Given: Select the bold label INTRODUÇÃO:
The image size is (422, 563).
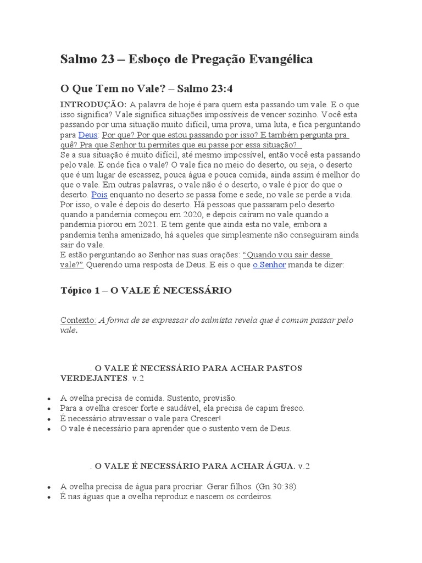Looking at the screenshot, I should [93, 104].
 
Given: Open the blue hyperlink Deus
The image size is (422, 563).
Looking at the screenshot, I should [88, 135].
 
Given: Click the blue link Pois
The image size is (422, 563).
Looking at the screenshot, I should [99, 195].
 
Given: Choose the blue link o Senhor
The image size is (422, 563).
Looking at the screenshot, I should [269, 264].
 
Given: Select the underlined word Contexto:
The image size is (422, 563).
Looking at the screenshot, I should [78, 320].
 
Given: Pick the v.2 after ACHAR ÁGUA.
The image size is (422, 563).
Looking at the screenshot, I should [304, 466].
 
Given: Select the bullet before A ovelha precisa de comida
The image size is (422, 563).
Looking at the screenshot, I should [50, 399].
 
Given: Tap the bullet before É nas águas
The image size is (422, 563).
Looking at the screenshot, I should [50, 497].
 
